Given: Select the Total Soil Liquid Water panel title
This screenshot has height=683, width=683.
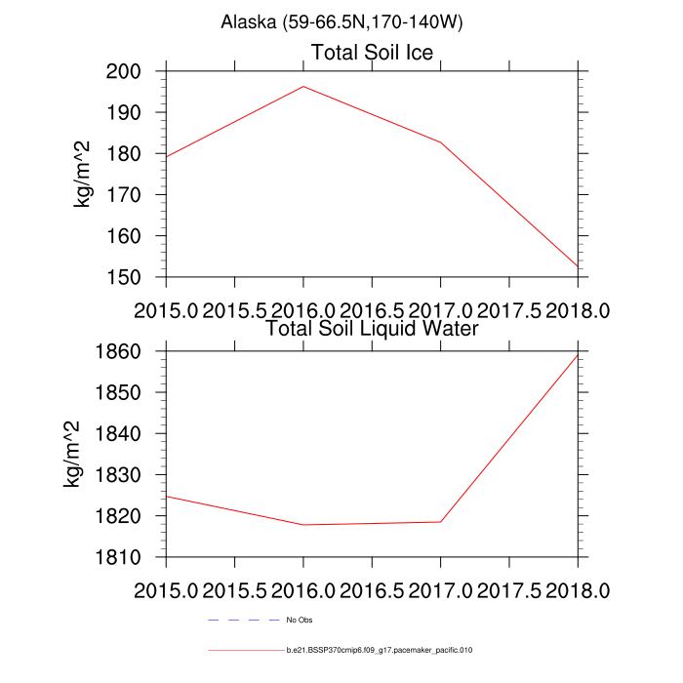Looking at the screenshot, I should (x=372, y=328).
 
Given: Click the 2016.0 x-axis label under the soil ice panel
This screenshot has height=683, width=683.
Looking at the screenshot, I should (x=303, y=310).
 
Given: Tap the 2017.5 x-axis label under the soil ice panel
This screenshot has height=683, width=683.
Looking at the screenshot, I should (x=508, y=310).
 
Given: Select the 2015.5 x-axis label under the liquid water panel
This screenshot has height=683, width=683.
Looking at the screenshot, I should (x=235, y=590).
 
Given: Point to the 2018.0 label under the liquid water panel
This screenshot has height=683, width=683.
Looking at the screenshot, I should (x=577, y=590).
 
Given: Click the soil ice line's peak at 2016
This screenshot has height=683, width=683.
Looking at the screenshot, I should (x=303, y=86).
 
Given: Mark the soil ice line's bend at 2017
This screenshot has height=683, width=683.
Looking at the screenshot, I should (x=440, y=142).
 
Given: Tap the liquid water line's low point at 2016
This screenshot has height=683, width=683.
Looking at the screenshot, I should (x=303, y=525).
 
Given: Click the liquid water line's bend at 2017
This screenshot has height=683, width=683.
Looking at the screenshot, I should (x=440, y=522).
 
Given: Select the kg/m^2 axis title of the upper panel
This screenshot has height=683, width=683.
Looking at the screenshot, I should (x=85, y=174).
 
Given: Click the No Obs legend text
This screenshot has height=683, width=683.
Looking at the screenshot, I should (x=299, y=620).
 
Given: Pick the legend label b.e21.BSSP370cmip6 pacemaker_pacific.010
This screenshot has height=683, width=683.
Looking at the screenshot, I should (x=380, y=649).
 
